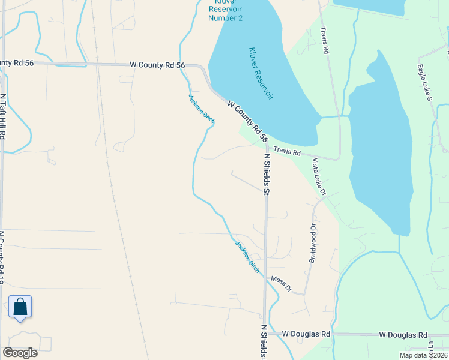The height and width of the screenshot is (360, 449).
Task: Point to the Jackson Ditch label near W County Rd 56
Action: tap(201, 109)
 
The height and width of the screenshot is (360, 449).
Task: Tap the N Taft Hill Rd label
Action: tap(3, 116)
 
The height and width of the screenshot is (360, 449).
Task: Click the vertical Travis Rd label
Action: tap(325, 41)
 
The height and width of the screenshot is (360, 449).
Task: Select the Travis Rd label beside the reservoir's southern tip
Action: tap(287, 151)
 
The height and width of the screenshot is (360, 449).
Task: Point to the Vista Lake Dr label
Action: tap(319, 177)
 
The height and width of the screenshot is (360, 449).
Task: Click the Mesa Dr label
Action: tap(281, 284)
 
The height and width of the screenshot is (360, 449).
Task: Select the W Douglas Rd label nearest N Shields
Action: tap(306, 334)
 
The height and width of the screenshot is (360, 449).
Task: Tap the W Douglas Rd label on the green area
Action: tap(403, 335)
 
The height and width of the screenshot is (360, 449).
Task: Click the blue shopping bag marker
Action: tap(20, 307)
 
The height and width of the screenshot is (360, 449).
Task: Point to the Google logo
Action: tap(20, 352)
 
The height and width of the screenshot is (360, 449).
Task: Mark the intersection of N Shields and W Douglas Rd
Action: tap(264, 334)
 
